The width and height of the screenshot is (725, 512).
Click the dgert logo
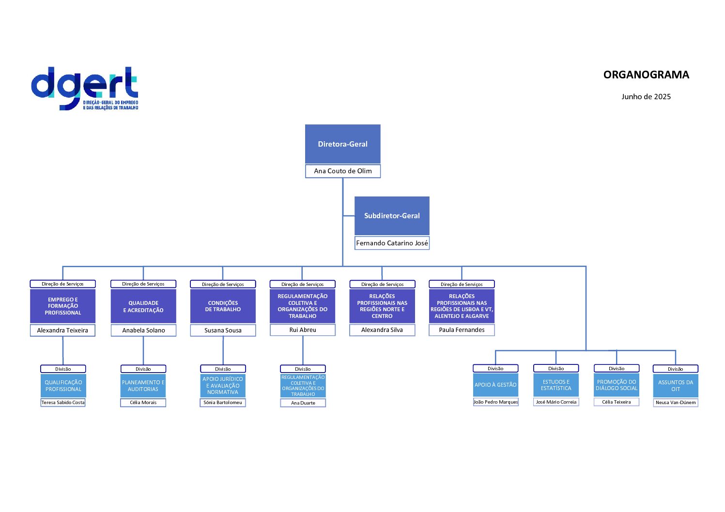(85, 89)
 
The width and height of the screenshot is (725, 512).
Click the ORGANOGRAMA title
(646, 75)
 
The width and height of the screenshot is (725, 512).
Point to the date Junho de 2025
(646, 96)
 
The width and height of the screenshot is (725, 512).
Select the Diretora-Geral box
(342, 144)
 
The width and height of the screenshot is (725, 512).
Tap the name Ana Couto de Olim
(342, 171)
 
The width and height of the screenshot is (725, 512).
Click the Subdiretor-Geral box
(392, 216)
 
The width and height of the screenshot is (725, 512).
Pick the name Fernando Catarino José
(392, 243)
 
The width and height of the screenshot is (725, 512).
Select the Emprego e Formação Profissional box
(63, 306)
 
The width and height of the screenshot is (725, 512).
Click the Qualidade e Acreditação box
(143, 306)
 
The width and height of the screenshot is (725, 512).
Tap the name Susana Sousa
(223, 330)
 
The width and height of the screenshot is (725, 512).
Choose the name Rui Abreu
(303, 330)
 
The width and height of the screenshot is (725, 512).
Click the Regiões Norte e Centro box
(382, 306)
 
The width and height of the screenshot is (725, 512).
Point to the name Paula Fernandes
(462, 330)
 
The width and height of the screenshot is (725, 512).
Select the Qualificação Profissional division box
(63, 386)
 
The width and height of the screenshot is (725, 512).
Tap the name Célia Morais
(143, 402)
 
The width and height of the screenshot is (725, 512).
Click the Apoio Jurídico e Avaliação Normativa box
(223, 386)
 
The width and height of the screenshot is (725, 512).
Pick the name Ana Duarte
(303, 403)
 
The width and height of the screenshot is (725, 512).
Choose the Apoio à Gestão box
(495, 385)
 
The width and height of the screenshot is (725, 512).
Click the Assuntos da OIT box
(675, 386)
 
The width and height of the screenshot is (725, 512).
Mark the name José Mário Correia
(556, 402)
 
